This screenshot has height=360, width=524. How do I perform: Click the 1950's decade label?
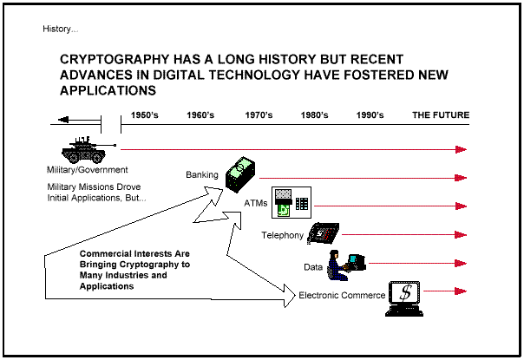coord(145,115)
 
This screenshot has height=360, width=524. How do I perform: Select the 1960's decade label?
coord(200,115)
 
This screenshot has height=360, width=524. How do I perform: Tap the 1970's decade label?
coord(259,115)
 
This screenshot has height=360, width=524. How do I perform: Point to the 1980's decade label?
coord(314,115)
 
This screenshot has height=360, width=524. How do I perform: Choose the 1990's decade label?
coord(370,115)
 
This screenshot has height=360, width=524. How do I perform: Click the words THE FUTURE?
coord(441,115)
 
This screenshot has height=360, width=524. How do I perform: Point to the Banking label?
coord(202,175)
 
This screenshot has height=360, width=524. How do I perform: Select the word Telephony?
coord(282,235)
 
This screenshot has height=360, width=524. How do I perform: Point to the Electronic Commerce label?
coord(342,296)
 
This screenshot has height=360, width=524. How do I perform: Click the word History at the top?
coord(60,29)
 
